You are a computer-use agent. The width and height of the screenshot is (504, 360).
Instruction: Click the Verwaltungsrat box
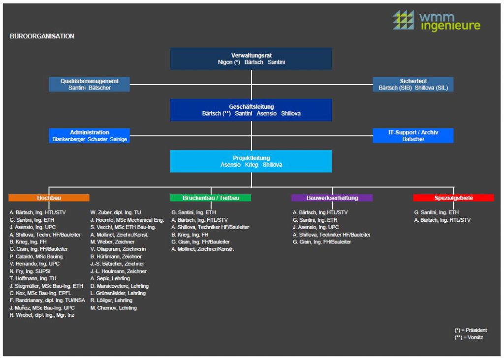(251, 59)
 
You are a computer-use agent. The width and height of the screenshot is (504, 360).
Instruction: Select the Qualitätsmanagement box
(90, 84)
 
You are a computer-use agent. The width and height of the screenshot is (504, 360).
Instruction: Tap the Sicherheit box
(413, 84)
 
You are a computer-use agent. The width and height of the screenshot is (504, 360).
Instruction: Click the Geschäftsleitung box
(251, 110)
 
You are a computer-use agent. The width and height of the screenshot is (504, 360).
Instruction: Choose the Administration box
(90, 136)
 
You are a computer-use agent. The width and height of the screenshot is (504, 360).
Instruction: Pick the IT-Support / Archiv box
(413, 136)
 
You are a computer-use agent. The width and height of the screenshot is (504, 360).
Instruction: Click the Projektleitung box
(251, 161)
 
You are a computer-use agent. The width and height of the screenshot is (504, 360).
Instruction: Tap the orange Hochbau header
(49, 198)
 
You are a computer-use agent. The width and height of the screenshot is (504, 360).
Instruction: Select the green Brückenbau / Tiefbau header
(211, 198)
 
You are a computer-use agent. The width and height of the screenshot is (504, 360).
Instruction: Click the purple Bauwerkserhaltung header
(332, 198)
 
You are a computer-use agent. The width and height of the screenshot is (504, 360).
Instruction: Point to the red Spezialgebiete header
(453, 198)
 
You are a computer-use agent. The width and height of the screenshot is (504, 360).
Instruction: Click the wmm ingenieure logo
(437, 21)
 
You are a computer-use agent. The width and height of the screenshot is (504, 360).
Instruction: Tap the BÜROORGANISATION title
(42, 36)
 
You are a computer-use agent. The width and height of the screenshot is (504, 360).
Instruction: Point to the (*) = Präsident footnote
(471, 330)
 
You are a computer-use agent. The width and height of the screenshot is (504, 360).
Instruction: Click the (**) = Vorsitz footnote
(469, 337)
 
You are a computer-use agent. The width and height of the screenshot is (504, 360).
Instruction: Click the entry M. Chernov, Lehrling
(114, 308)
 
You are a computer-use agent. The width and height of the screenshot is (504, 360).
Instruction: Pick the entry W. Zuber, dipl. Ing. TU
(116, 212)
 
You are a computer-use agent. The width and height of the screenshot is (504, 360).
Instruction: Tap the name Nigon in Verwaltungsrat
(225, 62)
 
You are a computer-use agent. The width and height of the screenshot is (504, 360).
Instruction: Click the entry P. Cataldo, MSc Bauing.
(36, 257)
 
